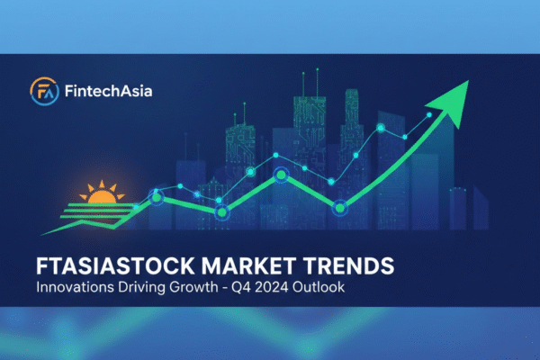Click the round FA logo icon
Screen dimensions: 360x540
43,92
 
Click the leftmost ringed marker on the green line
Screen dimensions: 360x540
157,196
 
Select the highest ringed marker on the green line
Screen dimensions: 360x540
281,175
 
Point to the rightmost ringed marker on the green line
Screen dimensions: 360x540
340,209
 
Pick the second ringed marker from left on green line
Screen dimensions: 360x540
222,211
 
